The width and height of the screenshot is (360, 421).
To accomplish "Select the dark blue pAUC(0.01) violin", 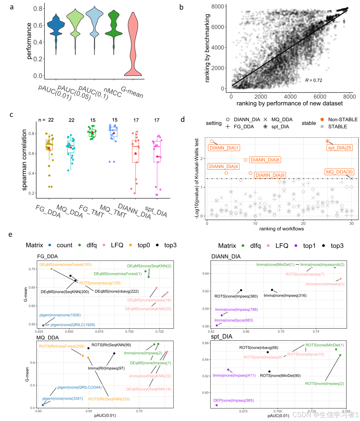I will [x=56, y=27].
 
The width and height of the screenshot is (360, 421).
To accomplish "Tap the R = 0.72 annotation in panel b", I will [x=313, y=80].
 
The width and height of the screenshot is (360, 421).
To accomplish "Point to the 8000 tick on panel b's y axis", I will [x=218, y=6].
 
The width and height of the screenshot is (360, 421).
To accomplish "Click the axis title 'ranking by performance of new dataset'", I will [x=290, y=103].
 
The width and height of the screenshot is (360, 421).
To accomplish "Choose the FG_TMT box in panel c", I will [x=92, y=133].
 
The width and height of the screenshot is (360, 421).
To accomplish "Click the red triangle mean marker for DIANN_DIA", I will [x=136, y=153].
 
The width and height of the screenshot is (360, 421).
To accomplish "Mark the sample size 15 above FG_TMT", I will [x=93, y=120].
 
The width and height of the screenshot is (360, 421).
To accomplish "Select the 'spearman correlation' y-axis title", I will [x=25, y=160].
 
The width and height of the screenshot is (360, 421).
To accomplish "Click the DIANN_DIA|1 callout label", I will [x=224, y=148].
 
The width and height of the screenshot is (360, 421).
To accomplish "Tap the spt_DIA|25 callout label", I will [x=339, y=148].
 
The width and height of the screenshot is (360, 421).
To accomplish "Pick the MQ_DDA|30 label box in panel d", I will [x=339, y=172].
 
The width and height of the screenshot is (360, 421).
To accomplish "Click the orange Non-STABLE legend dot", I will [x=322, y=120].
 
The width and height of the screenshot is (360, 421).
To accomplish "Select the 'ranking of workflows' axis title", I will [x=281, y=229].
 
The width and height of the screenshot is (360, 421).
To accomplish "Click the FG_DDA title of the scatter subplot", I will [x=48, y=256].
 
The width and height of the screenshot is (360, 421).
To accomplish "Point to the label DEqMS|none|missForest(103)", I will [x=66, y=264].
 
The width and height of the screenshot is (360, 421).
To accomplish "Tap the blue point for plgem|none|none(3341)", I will [x=43, y=405].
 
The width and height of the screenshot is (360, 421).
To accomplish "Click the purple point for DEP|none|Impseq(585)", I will [x=217, y=405].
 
